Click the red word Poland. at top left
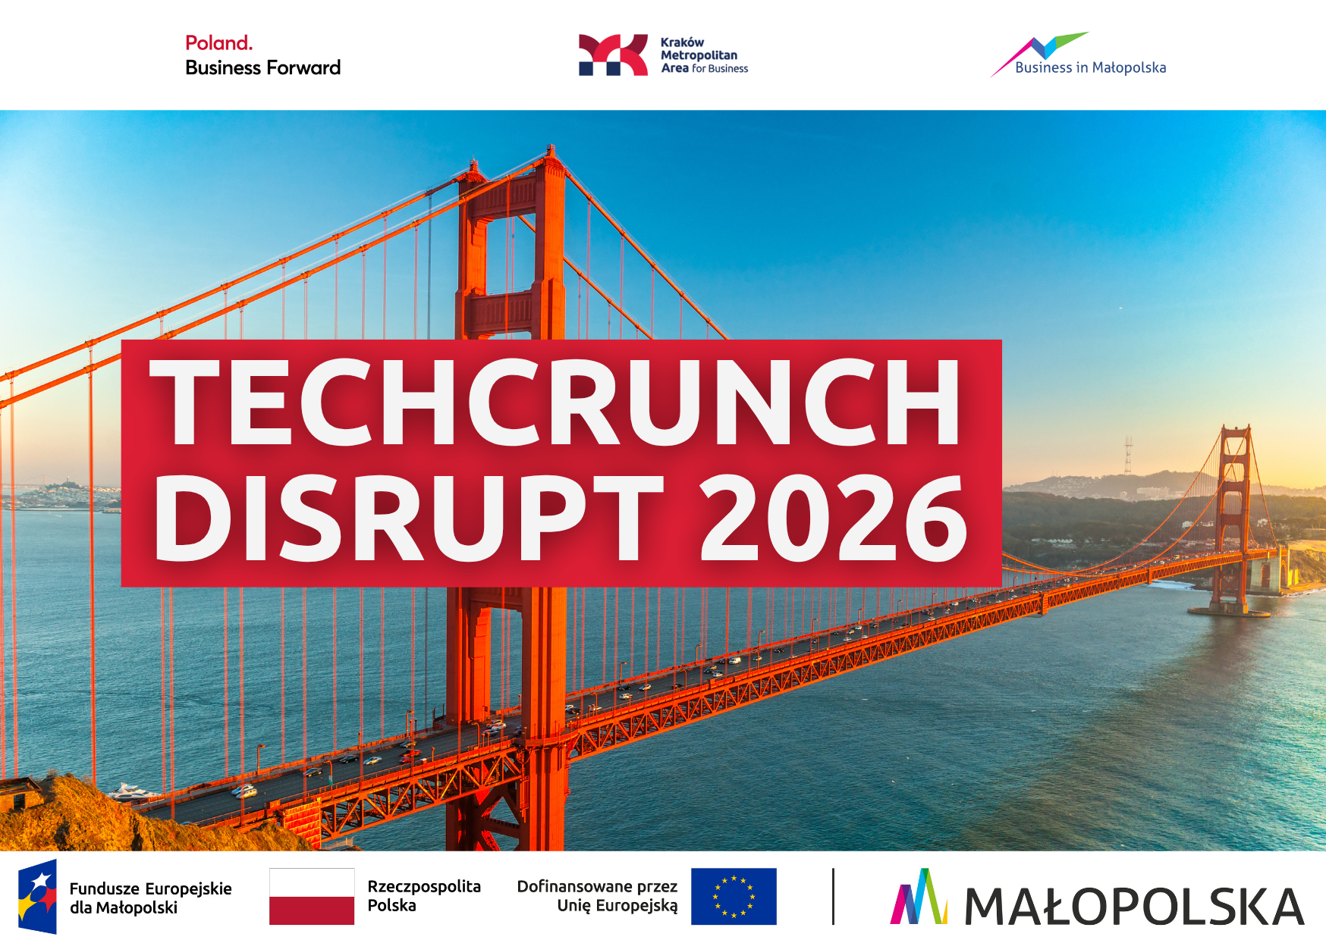click(218, 43)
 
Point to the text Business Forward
click(262, 67)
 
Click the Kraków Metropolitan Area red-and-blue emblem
click(613, 55)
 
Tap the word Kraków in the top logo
click(682, 42)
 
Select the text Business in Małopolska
click(1090, 67)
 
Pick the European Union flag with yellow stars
click(734, 896)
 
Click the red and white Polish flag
click(312, 896)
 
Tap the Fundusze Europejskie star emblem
click(38, 896)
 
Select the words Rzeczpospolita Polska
click(424, 895)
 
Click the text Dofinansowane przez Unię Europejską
click(598, 895)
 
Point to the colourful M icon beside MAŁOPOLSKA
click(919, 897)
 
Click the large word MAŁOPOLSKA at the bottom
click(1134, 907)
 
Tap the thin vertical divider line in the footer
click(833, 896)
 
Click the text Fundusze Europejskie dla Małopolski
click(150, 898)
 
